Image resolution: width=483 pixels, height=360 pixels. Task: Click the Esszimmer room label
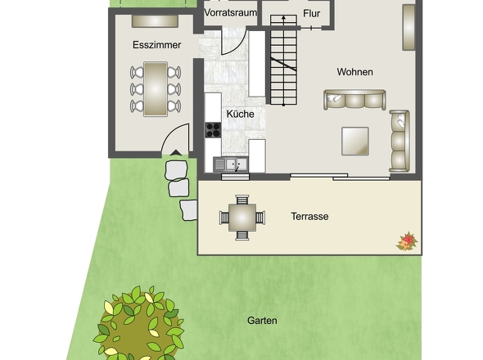(x=156, y=45)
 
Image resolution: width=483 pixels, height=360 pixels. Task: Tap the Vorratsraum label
(x=230, y=13)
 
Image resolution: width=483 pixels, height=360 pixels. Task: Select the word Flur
(x=311, y=13)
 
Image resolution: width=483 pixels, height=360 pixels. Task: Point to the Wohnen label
(x=354, y=72)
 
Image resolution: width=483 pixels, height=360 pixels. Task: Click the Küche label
(x=240, y=114)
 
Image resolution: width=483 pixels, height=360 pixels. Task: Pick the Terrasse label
(x=309, y=216)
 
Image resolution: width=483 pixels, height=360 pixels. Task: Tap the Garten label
(x=262, y=321)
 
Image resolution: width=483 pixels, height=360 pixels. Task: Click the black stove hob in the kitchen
(x=213, y=129)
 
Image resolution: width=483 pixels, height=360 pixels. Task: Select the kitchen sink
(x=231, y=164)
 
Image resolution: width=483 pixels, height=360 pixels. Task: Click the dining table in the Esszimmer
(x=156, y=89)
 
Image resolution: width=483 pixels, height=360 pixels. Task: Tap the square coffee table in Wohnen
(x=355, y=141)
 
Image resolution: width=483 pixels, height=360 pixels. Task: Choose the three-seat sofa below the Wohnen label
(x=354, y=100)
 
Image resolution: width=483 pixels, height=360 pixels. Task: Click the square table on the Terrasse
(x=242, y=218)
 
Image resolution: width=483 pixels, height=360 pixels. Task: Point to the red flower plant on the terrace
(x=407, y=241)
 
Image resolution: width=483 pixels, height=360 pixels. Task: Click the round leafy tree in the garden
(x=139, y=323)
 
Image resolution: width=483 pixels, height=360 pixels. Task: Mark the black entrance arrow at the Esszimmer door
(x=176, y=152)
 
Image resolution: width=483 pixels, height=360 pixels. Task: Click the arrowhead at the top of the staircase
(x=283, y=18)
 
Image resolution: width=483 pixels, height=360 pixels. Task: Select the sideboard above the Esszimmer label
(x=155, y=21)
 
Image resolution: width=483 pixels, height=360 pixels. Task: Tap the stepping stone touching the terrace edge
(x=189, y=210)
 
